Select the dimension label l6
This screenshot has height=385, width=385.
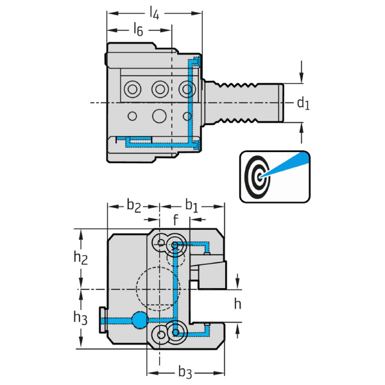pos(137,29)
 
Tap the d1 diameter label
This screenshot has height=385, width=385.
pos(303,103)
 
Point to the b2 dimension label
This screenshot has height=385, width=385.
pos(133,205)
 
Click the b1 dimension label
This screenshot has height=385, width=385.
pos(192,205)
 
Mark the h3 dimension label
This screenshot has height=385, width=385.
pos(80,317)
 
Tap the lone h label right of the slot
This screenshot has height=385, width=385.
pos(238,304)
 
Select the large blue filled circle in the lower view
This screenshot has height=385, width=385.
pos(139,318)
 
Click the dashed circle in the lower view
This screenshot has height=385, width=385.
pos(157,289)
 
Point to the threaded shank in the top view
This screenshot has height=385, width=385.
pos(244,103)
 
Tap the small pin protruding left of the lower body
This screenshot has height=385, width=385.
pos(103,319)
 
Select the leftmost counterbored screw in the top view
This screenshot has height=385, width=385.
pos(132,88)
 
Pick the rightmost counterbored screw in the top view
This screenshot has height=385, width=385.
pos(187,88)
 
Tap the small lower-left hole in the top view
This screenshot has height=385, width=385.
pos(132,116)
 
